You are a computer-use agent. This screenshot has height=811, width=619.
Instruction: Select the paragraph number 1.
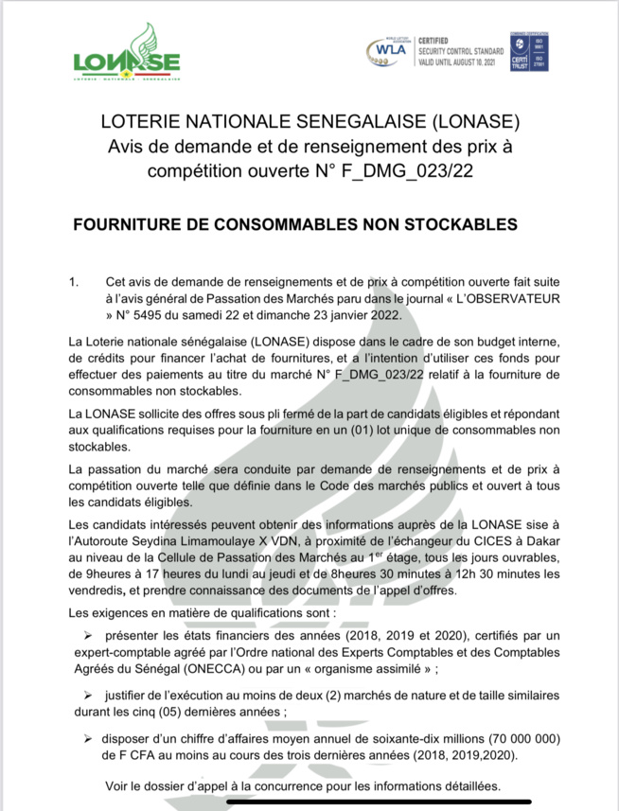74,282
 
